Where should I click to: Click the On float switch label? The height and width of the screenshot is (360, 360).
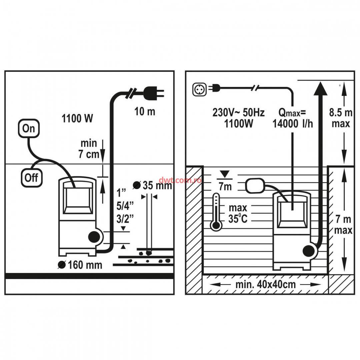point(29,128)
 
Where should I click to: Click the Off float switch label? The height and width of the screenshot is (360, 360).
point(31,178)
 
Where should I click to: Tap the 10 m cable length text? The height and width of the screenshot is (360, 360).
point(145,112)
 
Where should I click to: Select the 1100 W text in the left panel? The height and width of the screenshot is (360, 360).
point(77,118)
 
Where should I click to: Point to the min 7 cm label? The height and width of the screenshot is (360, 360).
point(89,149)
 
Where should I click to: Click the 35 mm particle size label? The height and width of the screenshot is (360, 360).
point(153,185)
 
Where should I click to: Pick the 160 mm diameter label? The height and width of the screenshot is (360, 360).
point(80,265)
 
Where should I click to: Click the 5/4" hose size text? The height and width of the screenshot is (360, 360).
point(125,206)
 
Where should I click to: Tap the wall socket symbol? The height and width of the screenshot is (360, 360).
point(199,89)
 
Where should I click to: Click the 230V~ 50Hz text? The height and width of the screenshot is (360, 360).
point(238,113)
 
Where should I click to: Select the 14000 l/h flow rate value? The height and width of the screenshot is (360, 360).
point(293,124)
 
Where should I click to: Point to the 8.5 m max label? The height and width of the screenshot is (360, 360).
point(341,118)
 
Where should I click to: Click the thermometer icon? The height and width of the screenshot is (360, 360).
point(216,212)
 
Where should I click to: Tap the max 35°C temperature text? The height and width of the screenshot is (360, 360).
point(238,213)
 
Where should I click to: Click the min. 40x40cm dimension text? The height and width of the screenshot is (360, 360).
point(266,284)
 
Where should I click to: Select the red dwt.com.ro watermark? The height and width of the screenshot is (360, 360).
point(180,180)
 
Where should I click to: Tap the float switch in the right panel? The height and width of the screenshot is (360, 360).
point(255,186)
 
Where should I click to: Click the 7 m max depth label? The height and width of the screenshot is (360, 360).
point(343,225)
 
